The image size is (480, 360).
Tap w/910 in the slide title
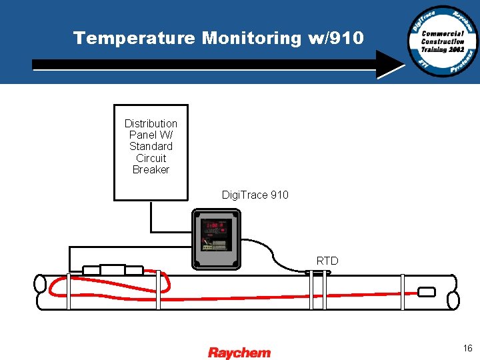pyautogui.click(x=336, y=38)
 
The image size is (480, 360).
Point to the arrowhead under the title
pyautogui.click(x=390, y=65)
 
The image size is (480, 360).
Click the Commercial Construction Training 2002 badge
pyautogui.click(x=443, y=41)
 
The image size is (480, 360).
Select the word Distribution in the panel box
pyautogui.click(x=151, y=123)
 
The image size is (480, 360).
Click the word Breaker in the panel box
pyautogui.click(x=151, y=169)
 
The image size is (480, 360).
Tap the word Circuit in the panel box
pyautogui.click(x=151, y=158)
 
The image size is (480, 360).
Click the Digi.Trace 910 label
pyautogui.click(x=255, y=195)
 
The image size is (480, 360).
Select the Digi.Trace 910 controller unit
pyautogui.click(x=216, y=239)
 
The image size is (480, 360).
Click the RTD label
pyautogui.click(x=327, y=261)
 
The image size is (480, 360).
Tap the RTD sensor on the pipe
pyautogui.click(x=317, y=272)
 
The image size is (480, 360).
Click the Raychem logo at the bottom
pyautogui.click(x=239, y=353)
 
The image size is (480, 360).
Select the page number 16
pyautogui.click(x=467, y=348)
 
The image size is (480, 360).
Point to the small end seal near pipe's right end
pyautogui.click(x=426, y=292)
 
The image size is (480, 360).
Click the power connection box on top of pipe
pyautogui.click(x=113, y=270)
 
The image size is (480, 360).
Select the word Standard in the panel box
pyautogui.click(x=151, y=146)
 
